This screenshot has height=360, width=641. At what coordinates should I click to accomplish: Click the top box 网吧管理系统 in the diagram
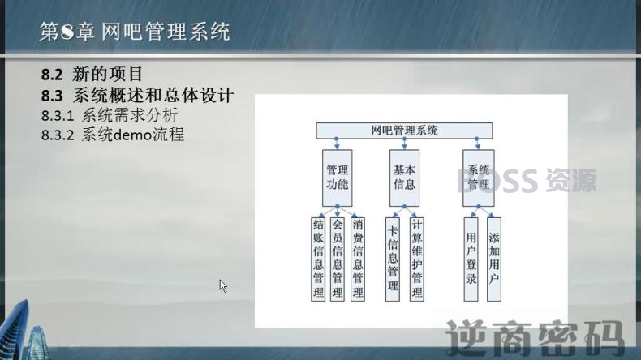404,131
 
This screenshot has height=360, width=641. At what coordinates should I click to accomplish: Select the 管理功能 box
338,178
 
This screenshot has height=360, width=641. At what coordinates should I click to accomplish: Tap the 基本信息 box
404,178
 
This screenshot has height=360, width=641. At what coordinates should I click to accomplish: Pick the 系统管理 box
479,178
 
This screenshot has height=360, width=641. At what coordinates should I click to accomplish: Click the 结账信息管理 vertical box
318,259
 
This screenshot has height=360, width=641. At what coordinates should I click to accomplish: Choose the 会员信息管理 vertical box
338,259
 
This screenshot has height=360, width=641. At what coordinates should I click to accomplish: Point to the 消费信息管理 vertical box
358,259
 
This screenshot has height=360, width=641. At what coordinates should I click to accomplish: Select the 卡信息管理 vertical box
393,259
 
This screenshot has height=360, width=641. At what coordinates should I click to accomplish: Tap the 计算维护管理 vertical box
417,259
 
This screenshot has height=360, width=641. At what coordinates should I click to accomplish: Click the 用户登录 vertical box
471,259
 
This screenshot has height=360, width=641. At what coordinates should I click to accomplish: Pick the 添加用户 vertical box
494,259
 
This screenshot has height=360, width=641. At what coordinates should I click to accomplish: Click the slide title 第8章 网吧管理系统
135,32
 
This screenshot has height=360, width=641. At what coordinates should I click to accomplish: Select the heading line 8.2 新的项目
92,75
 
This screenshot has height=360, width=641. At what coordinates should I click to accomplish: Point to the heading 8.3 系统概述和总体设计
137,95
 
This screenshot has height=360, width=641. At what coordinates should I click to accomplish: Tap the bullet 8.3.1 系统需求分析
110,115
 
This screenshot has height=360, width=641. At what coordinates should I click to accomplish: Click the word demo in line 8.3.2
132,135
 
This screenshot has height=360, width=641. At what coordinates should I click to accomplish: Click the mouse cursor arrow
223,285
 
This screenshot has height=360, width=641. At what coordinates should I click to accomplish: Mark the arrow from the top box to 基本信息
404,144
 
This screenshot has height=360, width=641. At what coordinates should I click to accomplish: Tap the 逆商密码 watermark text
536,338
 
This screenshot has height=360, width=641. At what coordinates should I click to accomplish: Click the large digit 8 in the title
67,32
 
